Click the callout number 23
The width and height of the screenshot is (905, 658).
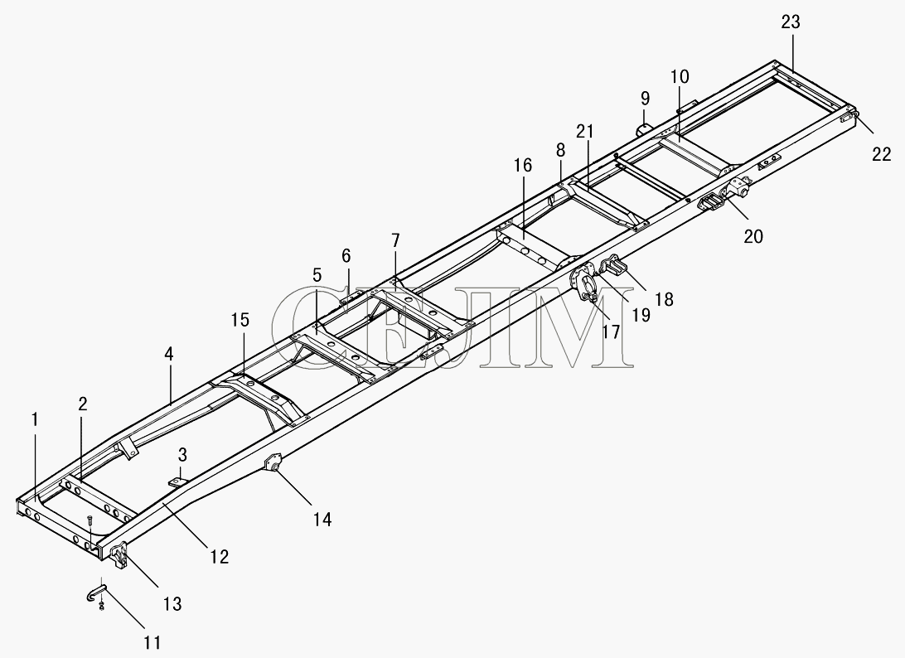[x=791, y=22]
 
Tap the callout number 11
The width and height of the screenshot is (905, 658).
[x=152, y=641]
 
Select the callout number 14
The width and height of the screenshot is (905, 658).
[x=322, y=520]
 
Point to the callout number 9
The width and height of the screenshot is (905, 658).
[x=645, y=98]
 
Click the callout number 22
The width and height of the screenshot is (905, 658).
[x=881, y=154]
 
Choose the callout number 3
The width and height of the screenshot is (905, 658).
[x=182, y=454]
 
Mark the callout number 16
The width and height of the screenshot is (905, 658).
[x=523, y=165]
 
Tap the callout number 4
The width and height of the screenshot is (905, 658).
[x=168, y=353]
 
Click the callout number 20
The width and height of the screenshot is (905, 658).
[x=753, y=236]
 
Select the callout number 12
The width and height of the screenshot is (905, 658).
[x=220, y=556]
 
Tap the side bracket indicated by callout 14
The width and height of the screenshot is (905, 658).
[x=273, y=463]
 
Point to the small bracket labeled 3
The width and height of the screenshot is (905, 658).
[x=178, y=481]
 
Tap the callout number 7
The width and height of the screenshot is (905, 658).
[x=394, y=240]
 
